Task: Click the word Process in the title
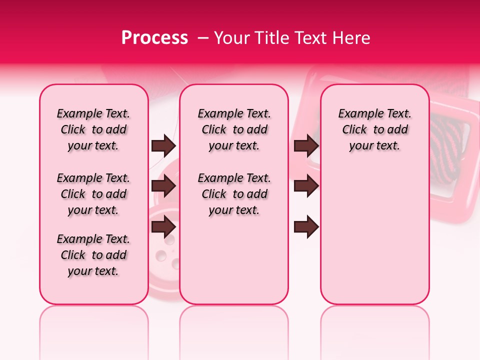(154, 38)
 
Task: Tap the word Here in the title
(351, 38)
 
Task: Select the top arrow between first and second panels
(163, 146)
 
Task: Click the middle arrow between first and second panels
(163, 186)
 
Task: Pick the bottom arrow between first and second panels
(163, 226)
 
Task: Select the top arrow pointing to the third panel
(306, 146)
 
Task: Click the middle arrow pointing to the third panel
(306, 186)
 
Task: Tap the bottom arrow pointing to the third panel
(306, 226)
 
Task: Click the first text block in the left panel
(93, 129)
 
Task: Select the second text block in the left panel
(93, 194)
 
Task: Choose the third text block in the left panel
(93, 255)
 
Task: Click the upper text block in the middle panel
(234, 129)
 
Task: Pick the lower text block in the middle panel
(234, 194)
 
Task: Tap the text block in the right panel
(374, 129)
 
